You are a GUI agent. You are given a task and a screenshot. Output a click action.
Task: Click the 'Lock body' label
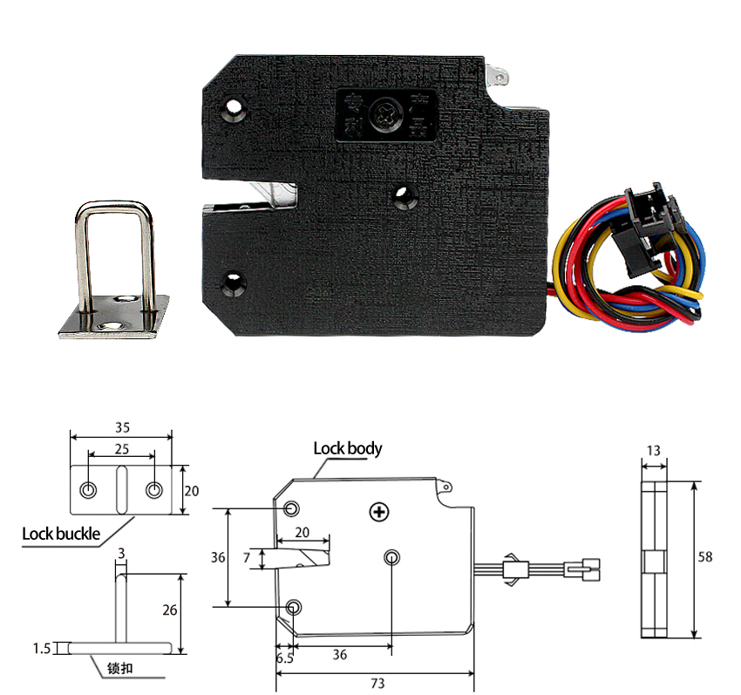pos(347,449)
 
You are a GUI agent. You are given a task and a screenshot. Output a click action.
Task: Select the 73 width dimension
pos(377,684)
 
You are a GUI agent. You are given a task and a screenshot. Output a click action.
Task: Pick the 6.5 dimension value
pos(284,658)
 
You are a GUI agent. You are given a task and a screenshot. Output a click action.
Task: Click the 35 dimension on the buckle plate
pos(121,427)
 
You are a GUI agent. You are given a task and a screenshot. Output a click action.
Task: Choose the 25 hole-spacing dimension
pos(121,448)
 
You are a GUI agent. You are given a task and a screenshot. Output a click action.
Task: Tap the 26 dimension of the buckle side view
pos(170,610)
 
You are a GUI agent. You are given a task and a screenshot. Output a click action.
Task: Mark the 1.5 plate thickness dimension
pos(39,648)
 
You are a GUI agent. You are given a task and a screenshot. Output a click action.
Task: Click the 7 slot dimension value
pos(247,556)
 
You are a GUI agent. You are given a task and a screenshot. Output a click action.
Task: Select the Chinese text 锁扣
pos(120,669)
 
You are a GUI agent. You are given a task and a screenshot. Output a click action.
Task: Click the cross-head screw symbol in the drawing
pos(378,512)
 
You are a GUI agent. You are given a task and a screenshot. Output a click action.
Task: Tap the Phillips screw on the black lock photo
pos(383,113)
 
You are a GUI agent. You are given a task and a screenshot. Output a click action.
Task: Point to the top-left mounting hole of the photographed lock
pos(234,110)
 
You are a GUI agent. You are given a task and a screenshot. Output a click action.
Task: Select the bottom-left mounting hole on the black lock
pos(233,283)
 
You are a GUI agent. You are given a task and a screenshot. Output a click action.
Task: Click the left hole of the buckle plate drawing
pos(88,490)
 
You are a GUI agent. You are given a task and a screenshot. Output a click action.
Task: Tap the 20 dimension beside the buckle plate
pos(192,491)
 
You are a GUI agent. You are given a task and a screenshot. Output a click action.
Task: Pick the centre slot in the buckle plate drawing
pos(121,490)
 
